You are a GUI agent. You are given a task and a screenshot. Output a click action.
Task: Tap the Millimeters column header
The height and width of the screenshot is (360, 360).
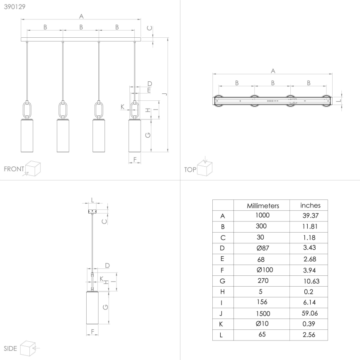pyautogui.click(x=263, y=206)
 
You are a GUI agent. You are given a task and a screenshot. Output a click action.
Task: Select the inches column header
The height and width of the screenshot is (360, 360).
pyautogui.click(x=310, y=205)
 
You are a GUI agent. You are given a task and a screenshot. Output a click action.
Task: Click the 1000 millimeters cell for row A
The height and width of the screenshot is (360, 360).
pyautogui.click(x=263, y=215)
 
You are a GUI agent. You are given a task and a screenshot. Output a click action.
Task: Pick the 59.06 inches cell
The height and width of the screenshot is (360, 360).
pyautogui.click(x=310, y=313)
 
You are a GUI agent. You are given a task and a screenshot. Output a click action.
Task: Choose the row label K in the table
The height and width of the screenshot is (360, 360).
pyautogui.click(x=223, y=324)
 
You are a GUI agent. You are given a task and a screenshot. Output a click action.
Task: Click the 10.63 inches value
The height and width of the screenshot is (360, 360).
pyautogui.click(x=310, y=281)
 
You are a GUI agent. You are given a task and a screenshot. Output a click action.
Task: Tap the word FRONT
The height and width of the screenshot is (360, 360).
pyautogui.click(x=14, y=169)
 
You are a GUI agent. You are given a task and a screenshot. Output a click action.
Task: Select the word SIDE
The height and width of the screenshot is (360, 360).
pyautogui.click(x=10, y=348)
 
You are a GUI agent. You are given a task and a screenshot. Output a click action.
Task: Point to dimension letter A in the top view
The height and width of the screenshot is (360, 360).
pyautogui.click(x=273, y=71)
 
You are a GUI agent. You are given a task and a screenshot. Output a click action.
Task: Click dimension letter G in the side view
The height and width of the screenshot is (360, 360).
pyautogui.click(x=105, y=307)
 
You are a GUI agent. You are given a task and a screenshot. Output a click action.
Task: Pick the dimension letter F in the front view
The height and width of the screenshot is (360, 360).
pyautogui.click(x=135, y=159)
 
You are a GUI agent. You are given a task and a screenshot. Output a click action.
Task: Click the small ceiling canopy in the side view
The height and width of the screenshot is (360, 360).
pyautogui.click(x=92, y=212)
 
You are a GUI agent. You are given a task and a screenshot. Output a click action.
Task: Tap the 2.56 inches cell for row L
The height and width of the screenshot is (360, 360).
pyautogui.click(x=310, y=334)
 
